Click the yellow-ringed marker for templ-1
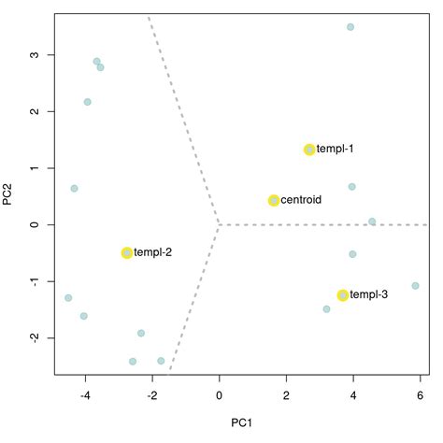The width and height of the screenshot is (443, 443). pyautogui.click(x=309, y=150)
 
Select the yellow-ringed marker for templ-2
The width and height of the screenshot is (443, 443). pyautogui.click(x=127, y=253)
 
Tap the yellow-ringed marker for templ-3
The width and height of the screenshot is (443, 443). pyautogui.click(x=343, y=295)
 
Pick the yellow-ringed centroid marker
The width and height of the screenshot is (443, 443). pyautogui.click(x=274, y=200)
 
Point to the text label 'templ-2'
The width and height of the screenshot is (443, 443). pyautogui.click(x=153, y=253)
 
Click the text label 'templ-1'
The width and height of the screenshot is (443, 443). pyautogui.click(x=336, y=150)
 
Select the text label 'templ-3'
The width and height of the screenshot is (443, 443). pyautogui.click(x=369, y=295)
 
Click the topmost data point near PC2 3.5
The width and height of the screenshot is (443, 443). pyautogui.click(x=350, y=27)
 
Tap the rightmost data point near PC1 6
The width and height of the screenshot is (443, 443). pyautogui.click(x=415, y=286)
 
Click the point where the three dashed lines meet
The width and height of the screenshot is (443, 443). pyautogui.click(x=219, y=224)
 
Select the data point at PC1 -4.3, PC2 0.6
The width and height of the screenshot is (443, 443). pyautogui.click(x=75, y=189)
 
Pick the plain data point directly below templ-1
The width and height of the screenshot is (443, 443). pyautogui.click(x=352, y=187)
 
